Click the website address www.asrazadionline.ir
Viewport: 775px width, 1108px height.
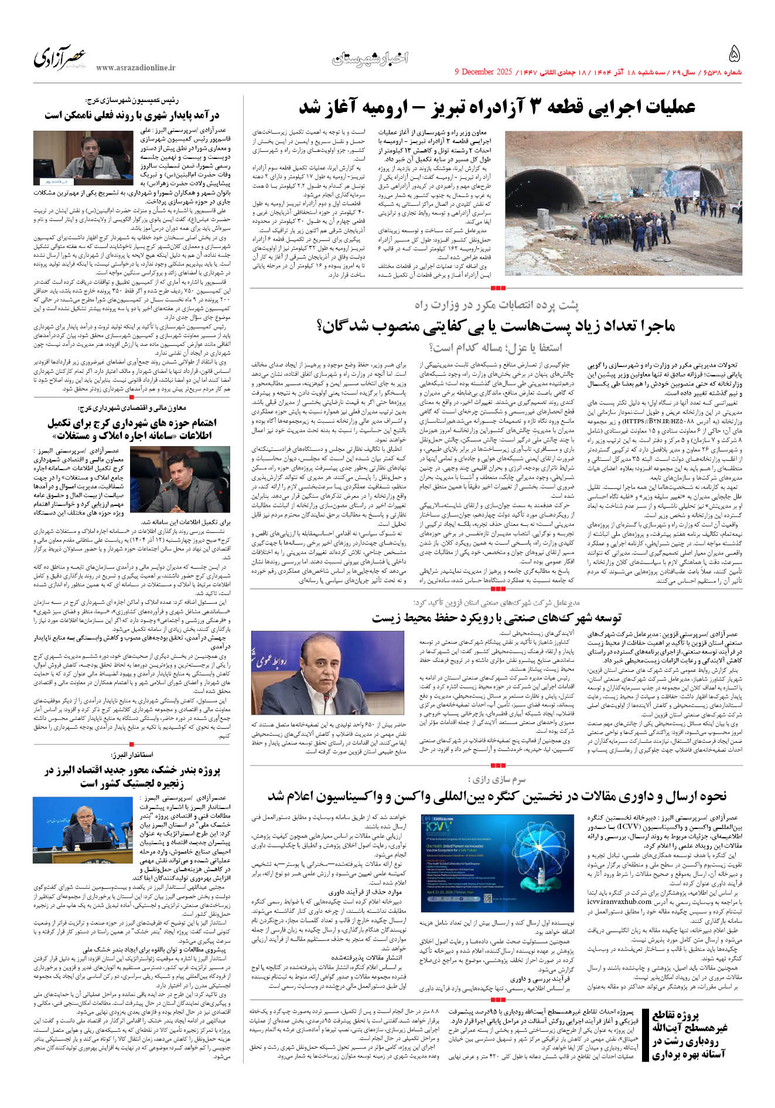coord(135,68)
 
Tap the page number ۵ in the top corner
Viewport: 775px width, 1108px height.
coord(734,55)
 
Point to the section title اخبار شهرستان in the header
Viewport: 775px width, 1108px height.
coord(370,58)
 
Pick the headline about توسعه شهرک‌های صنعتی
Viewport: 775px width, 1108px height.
coord(496,617)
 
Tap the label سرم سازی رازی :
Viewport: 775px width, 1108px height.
coord(497,779)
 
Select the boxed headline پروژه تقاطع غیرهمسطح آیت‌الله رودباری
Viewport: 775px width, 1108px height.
coord(689,1035)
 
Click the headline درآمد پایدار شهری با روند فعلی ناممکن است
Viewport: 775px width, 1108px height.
coord(132,115)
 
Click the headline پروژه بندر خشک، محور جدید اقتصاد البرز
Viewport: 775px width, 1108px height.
coord(132,776)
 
